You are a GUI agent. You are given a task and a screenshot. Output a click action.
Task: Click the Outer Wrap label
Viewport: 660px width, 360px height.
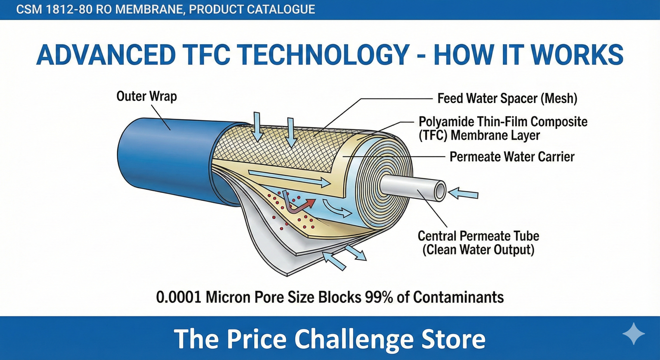click(146, 96)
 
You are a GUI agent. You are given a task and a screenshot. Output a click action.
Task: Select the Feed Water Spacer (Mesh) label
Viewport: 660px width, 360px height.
click(507, 99)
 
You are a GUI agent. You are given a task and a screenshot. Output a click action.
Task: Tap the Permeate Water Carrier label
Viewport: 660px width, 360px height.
click(511, 157)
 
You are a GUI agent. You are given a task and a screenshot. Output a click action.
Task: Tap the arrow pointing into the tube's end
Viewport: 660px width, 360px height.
click(463, 193)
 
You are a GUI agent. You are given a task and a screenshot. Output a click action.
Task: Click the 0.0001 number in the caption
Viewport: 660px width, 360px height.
click(178, 297)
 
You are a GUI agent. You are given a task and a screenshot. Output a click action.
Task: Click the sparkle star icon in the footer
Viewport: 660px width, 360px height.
click(633, 334)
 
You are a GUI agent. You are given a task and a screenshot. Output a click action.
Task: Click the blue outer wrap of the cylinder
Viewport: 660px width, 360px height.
click(165, 157)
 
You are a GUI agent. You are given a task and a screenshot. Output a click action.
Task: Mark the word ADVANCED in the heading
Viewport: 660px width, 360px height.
click(106, 55)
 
